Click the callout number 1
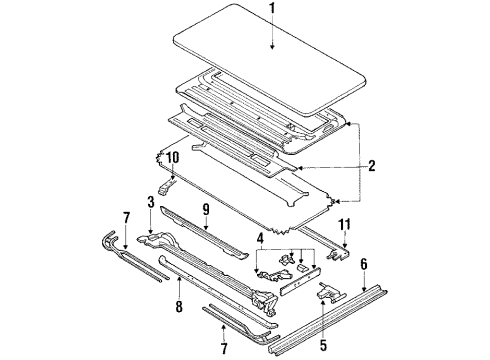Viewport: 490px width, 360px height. coord(273,9)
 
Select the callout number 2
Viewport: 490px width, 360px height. coord(372,166)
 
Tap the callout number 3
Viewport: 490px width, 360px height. coord(151,202)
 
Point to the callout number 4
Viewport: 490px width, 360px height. coord(260,238)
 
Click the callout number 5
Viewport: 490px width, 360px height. coord(323,345)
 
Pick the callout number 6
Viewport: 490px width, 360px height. coord(364,264)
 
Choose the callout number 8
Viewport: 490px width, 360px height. coord(179,307)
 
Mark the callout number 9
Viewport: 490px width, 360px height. coord(206,209)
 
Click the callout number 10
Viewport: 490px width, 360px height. coord(173,157)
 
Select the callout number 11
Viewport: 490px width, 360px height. coord(344,224)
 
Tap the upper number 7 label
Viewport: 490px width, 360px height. coord(126,218)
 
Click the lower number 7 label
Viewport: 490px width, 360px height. coord(224,349)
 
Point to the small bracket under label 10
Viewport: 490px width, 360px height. coord(166,187)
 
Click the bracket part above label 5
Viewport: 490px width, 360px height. coord(330,292)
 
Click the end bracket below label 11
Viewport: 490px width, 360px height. coord(338,253)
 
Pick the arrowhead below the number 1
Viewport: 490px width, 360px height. coord(273,47)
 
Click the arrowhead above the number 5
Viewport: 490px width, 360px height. coord(323,302)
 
